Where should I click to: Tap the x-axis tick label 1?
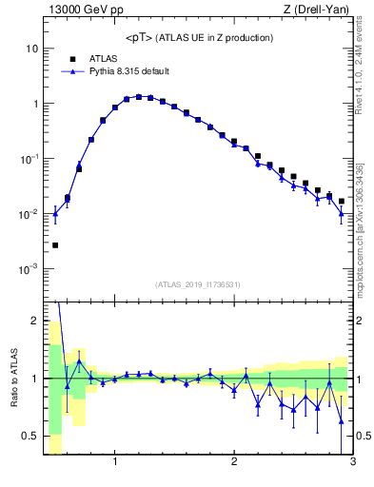[115, 463]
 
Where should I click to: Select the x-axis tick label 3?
[352, 463]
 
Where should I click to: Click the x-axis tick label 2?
[234, 463]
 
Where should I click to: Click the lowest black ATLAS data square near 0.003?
[55, 245]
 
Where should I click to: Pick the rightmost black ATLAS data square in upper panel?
[342, 202]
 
